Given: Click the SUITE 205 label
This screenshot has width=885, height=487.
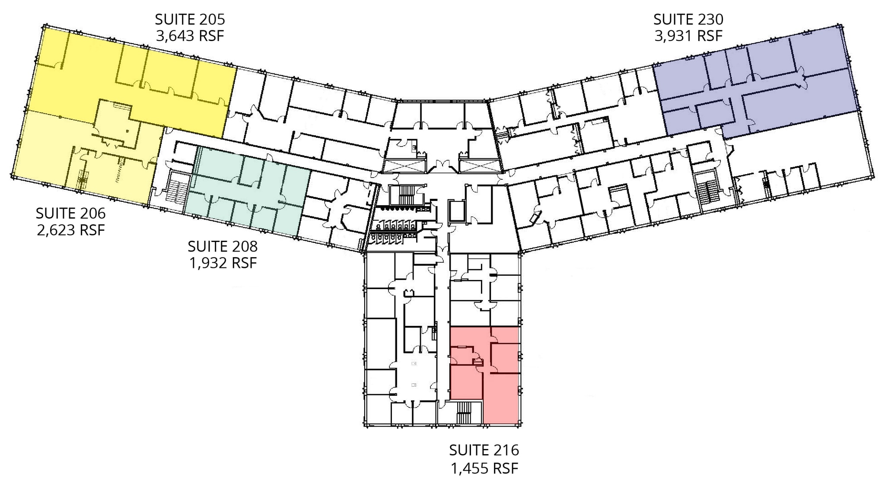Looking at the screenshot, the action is pyautogui.click(x=190, y=19).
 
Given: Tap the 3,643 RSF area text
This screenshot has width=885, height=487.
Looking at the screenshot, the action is pyautogui.click(x=190, y=35).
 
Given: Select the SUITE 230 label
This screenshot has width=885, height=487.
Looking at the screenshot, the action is pyautogui.click(x=688, y=19).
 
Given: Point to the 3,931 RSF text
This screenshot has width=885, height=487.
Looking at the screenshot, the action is pyautogui.click(x=688, y=35).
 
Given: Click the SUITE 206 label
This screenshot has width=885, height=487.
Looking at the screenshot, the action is pyautogui.click(x=70, y=213).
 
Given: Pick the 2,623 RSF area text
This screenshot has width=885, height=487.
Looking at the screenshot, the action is pyautogui.click(x=70, y=229).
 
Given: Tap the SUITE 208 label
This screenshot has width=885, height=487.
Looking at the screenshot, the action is pyautogui.click(x=223, y=246).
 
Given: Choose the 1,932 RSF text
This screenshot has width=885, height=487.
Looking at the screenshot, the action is pyautogui.click(x=223, y=263).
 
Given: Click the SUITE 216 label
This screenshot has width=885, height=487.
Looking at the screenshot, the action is pyautogui.click(x=484, y=450).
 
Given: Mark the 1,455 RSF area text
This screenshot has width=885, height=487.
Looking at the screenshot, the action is pyautogui.click(x=484, y=468).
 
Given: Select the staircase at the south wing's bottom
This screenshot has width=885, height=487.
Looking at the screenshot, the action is pyautogui.click(x=464, y=412).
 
